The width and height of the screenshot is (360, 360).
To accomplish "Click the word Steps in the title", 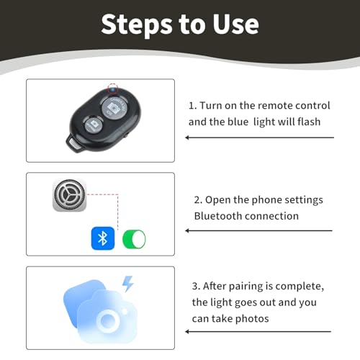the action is [x=137, y=24].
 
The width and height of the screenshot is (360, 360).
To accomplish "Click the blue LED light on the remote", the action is [x=112, y=90].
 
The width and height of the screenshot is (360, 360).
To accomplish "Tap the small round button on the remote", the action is [x=94, y=124].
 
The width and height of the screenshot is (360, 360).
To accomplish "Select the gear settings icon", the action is [x=69, y=195].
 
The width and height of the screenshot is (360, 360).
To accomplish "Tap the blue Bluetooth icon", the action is [x=103, y=238].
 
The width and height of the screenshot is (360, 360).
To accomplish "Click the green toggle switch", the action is [x=134, y=239].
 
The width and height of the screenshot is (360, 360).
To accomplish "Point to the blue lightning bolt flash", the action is [x=127, y=284].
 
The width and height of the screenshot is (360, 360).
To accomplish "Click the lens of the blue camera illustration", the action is [x=107, y=320].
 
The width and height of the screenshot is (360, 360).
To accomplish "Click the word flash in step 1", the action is [x=309, y=122].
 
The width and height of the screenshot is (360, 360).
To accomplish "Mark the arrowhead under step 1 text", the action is [x=187, y=138].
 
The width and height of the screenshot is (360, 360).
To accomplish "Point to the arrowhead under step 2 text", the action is [x=187, y=230].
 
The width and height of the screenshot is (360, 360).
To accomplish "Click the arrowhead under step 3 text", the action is [x=187, y=332].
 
